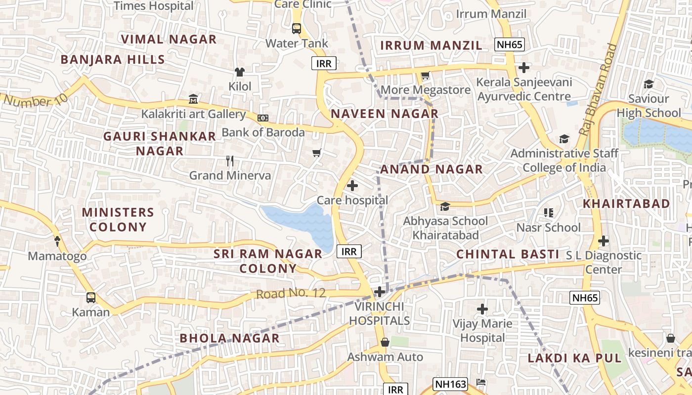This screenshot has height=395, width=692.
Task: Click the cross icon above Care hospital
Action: [352, 186]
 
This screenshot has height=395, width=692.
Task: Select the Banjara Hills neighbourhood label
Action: [113, 60]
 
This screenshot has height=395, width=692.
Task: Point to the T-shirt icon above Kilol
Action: [240, 72]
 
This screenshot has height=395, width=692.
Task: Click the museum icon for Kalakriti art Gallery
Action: [193, 100]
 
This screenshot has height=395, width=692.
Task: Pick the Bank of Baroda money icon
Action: [263, 118]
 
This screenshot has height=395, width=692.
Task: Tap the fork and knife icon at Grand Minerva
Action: [230, 161]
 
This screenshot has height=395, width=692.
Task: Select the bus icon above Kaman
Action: [91, 298]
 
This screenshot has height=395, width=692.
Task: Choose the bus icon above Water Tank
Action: [297, 29]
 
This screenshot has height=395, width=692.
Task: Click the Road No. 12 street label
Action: [291, 294]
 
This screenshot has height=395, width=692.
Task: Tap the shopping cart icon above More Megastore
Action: [425, 76]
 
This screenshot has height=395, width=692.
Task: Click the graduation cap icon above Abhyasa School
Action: [445, 206]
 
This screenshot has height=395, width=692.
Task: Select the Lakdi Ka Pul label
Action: [574, 358]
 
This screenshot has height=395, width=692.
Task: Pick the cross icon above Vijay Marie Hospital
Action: [482, 310]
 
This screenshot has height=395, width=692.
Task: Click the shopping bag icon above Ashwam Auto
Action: [385, 342]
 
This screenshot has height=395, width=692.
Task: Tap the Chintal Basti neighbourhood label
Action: [507, 254]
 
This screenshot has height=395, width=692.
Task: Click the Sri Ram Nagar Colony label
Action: [268, 261]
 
